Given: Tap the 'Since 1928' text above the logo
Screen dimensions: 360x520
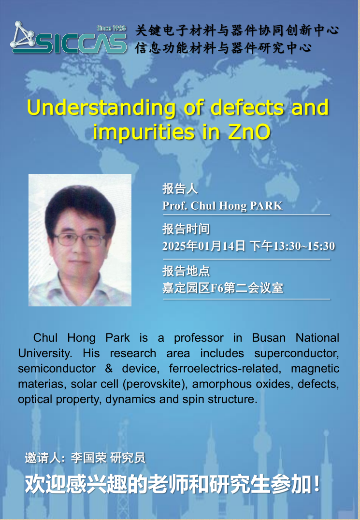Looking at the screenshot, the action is coord(111,28).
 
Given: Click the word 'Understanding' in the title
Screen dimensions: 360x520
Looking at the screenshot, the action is coord(101,108).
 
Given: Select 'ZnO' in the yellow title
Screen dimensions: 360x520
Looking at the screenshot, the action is coord(249,132).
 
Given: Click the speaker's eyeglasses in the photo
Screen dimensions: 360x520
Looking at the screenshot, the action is coord(80,239).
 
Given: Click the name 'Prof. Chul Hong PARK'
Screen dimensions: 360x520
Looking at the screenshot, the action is coord(222,205).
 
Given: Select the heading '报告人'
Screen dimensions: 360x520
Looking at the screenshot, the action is coord(180,188).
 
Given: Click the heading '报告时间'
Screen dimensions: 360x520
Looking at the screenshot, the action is coord(186,229).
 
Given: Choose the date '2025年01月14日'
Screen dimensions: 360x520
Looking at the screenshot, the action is coord(203,246).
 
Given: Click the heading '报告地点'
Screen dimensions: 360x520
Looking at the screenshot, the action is coord(186,271).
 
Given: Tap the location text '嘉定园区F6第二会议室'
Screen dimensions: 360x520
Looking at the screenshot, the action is coord(223,288).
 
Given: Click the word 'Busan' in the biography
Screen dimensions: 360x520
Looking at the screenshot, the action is coord(269,338).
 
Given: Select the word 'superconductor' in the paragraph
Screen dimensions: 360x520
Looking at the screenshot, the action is coord(297,354).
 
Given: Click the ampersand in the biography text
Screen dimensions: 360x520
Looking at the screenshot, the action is coord(109,368).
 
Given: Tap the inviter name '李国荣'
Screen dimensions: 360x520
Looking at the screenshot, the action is coord(88,458).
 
